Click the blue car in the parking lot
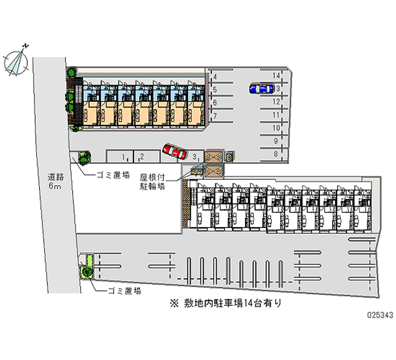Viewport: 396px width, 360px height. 261,88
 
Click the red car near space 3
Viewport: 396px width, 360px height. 174,151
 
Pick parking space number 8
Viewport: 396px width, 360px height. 276,154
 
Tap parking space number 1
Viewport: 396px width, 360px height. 123,157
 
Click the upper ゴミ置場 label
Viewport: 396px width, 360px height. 113,174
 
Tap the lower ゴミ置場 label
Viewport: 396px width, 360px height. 124,291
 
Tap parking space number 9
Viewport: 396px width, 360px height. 276,141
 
